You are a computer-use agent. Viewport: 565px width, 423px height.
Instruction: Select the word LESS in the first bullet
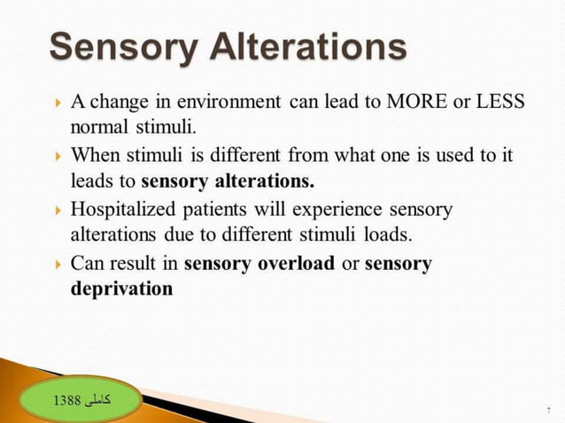point(499,100)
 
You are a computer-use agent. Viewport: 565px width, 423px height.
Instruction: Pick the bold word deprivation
point(121,288)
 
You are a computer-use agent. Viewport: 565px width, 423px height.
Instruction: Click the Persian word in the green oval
point(98,400)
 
